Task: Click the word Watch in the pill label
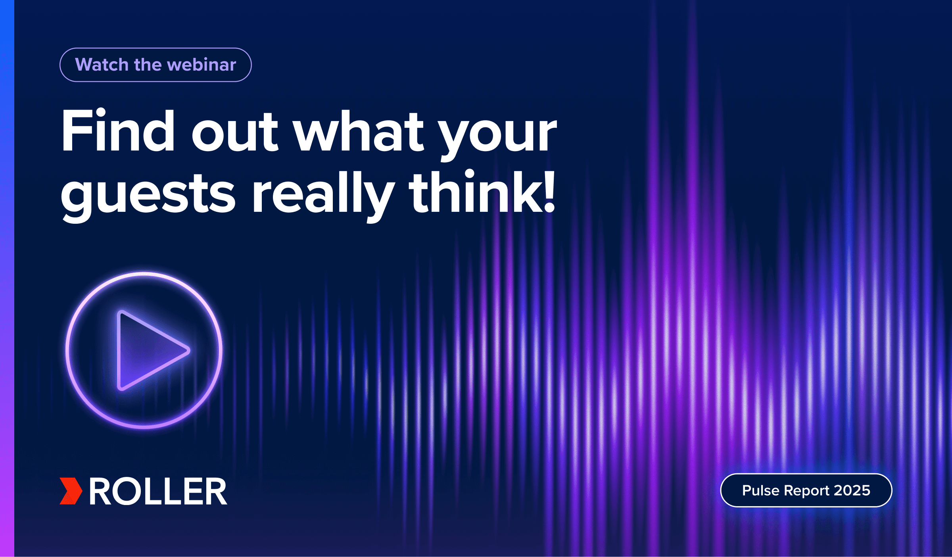coord(102,65)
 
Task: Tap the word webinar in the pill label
coord(202,65)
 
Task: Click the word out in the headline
coord(235,133)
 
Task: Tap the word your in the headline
coord(499,137)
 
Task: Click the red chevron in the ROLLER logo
coord(71,491)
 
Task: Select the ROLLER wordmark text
coord(158,491)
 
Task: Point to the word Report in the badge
coord(807,491)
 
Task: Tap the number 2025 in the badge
coord(852,490)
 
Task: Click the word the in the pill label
coord(148,65)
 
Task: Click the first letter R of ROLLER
coord(101,491)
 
